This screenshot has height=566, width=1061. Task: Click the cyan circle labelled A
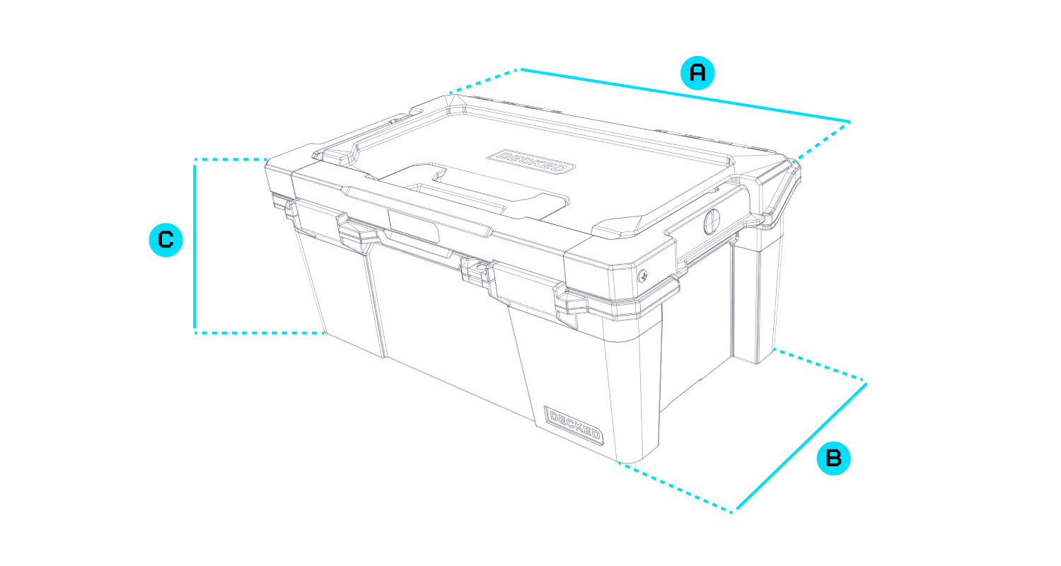coord(697,73)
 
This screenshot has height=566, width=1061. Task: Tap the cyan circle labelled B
coord(833,458)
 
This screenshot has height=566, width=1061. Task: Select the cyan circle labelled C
coord(166,240)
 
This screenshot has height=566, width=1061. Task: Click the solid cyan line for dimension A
coord(685,96)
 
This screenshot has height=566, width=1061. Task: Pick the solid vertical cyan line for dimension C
coord(195,246)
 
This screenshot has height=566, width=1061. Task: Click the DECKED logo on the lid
coord(530,161)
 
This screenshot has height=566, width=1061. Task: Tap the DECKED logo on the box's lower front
coord(574,425)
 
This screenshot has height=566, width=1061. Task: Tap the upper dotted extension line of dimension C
coord(231,160)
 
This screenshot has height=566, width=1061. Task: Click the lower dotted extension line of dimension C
coord(260,333)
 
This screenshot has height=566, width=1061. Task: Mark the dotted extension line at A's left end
coord(484,81)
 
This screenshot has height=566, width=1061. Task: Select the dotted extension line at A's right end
coord(822,142)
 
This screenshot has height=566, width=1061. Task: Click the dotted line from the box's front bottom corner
coord(676,487)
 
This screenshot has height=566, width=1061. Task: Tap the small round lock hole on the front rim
coord(479,268)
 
